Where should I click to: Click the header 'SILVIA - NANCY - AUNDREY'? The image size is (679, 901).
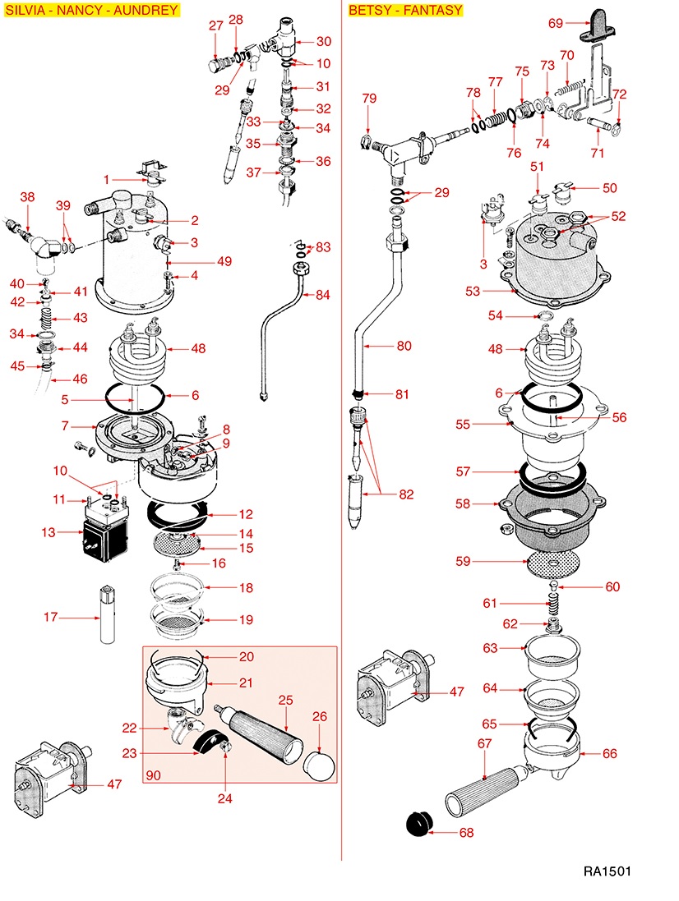[91, 11]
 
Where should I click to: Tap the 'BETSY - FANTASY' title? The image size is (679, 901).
[405, 11]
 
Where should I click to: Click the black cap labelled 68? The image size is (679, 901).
[421, 822]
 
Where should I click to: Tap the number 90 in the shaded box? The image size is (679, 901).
[153, 775]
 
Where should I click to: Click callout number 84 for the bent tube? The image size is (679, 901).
[323, 295]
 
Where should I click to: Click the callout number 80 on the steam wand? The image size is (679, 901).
[404, 346]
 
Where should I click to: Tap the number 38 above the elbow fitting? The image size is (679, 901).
[27, 197]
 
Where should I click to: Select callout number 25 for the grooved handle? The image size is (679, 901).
[285, 700]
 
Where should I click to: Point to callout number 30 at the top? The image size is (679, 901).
[323, 41]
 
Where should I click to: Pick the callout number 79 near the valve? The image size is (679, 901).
[369, 99]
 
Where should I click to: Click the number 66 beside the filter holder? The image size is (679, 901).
[609, 753]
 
